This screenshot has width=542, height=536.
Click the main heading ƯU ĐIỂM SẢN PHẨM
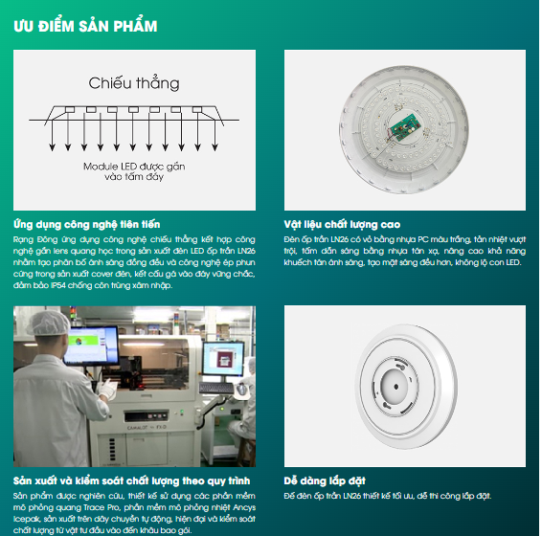point(85,26)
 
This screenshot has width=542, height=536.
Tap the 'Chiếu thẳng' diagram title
point(134,83)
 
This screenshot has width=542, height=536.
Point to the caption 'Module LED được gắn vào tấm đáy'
point(134,171)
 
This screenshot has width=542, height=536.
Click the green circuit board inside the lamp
point(405,127)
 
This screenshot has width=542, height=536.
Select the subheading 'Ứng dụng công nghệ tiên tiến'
point(87,225)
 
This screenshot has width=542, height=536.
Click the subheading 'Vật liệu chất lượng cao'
point(342,225)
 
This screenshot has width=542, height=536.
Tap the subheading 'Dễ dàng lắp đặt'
point(325,481)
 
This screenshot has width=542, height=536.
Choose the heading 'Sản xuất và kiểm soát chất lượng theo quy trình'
point(132,481)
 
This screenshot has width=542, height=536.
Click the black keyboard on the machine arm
point(216,388)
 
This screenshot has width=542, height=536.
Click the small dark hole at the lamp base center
point(396,387)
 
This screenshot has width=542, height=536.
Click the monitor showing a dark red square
point(223,358)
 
